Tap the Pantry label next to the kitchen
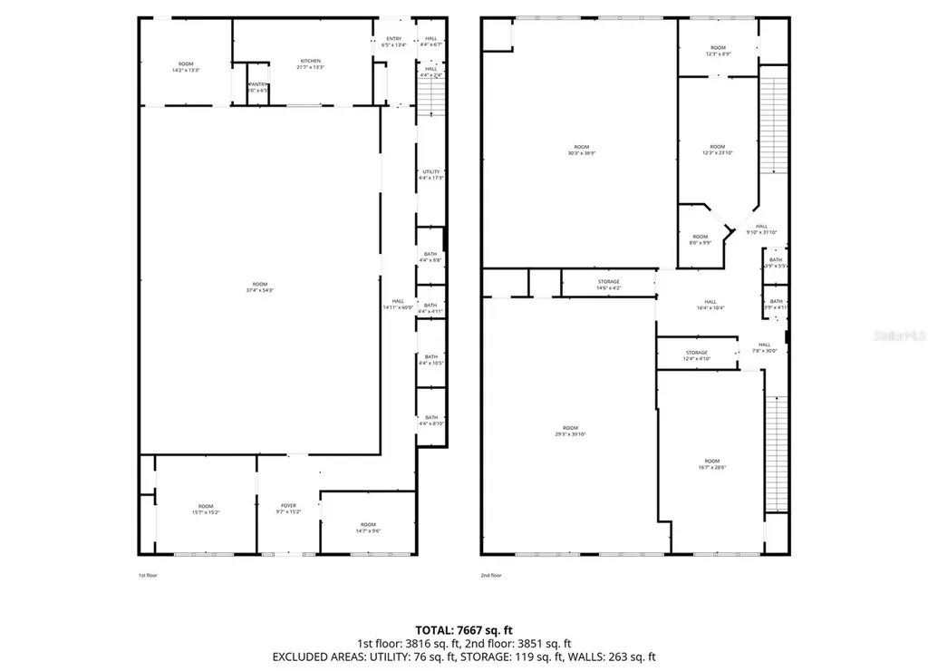[x=257, y=87]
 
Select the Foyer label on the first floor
[x=288, y=509]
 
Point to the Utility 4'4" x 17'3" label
[x=430, y=175]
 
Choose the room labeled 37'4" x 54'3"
[x=259, y=287]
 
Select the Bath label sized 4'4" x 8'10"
[x=430, y=421]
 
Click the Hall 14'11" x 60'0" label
[x=398, y=305]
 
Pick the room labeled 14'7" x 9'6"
[x=367, y=528]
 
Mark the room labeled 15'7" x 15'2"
[x=206, y=510]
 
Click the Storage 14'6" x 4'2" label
[x=608, y=285]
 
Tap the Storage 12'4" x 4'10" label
[x=696, y=355]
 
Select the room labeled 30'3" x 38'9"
[x=581, y=151]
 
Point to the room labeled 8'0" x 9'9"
[x=701, y=239]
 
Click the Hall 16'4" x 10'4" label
[x=710, y=306]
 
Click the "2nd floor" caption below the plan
[x=490, y=575]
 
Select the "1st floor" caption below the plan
[x=148, y=575]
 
